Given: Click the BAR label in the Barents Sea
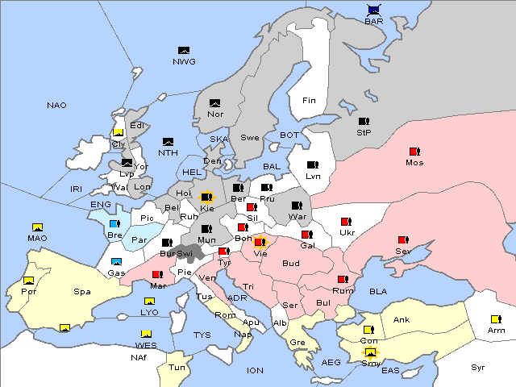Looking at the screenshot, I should (373, 22).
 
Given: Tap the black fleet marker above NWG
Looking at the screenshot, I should (183, 51).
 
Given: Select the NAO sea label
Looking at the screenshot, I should (56, 106).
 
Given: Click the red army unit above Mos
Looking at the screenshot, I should (414, 151).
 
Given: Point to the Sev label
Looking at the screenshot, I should (403, 252).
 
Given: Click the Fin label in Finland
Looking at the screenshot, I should (309, 101).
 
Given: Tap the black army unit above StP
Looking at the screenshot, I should (364, 122).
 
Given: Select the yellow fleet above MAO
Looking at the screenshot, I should (36, 227).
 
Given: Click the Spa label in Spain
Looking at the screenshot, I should (81, 292).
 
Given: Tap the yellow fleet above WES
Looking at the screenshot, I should (146, 334).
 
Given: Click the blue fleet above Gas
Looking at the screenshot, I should (116, 261).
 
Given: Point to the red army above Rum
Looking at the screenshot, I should (343, 280).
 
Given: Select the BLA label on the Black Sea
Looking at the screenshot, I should (379, 291).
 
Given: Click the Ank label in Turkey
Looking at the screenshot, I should (402, 320).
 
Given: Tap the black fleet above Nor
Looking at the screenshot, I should (214, 102).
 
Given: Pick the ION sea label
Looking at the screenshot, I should (255, 371).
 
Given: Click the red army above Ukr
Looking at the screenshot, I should (347, 222).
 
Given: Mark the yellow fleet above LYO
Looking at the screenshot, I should (149, 302).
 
